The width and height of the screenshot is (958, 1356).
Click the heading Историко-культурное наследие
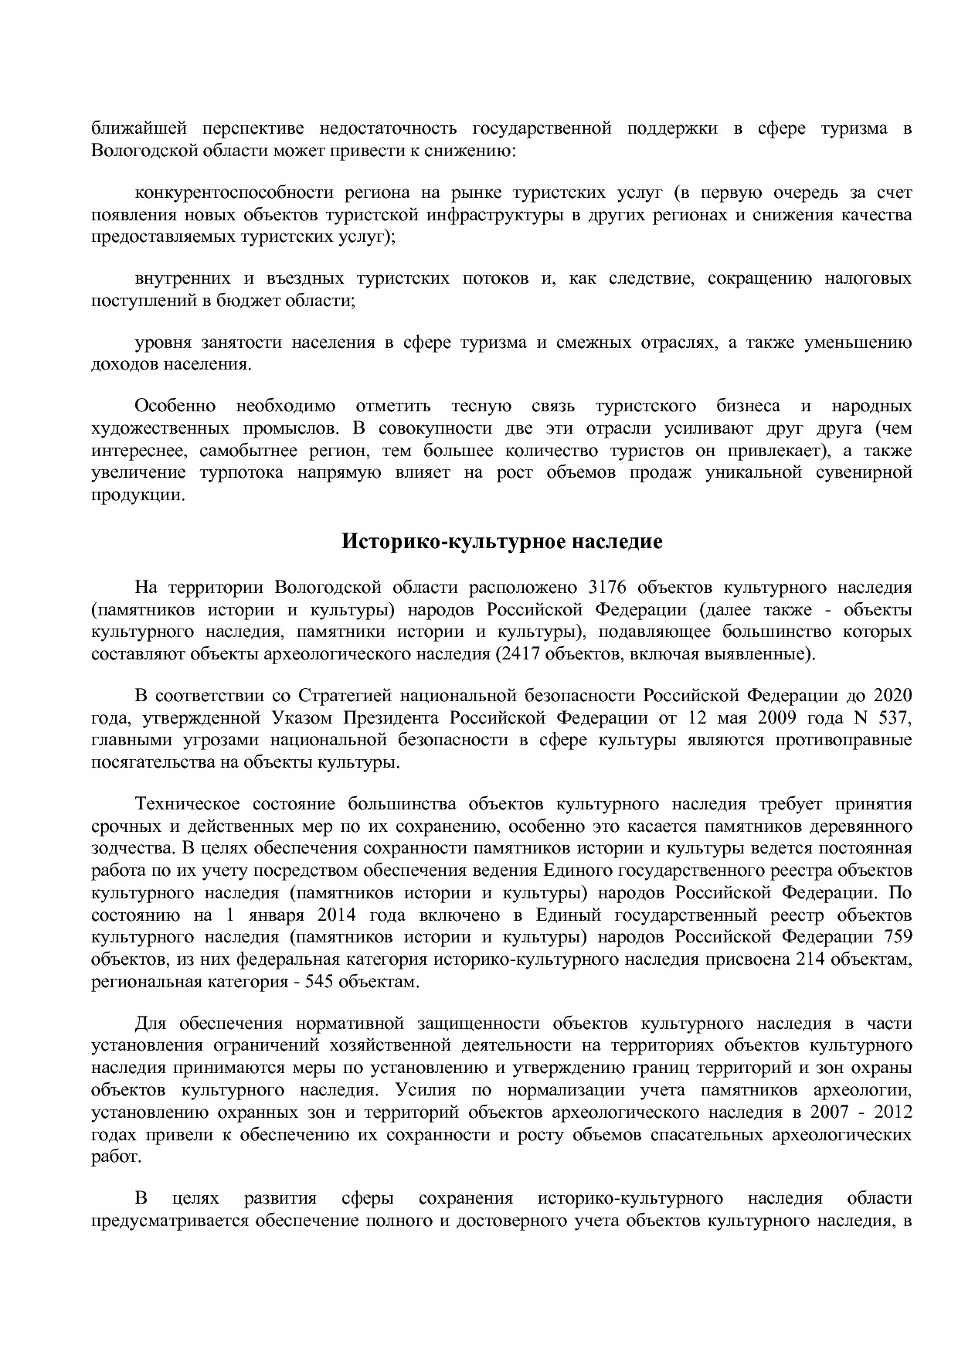(502, 542)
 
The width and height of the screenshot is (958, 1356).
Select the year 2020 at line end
(893, 695)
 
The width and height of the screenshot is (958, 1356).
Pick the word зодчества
(127, 849)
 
